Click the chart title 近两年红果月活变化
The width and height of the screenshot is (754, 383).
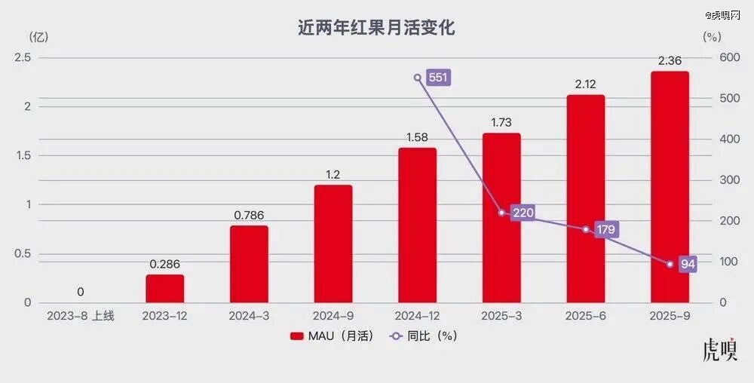[x=376, y=29]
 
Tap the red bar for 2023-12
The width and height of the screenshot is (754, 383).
[x=165, y=288]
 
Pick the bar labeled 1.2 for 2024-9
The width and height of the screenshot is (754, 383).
[x=333, y=243]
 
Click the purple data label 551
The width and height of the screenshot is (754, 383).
[x=438, y=78]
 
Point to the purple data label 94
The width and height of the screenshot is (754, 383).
[x=687, y=264]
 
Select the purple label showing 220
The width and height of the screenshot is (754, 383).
[x=523, y=213]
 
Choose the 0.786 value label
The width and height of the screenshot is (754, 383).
[x=249, y=216]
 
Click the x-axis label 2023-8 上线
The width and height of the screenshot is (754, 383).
[x=81, y=316]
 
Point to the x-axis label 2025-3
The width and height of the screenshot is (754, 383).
[x=501, y=316]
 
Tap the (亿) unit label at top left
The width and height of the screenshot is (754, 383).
[x=38, y=35]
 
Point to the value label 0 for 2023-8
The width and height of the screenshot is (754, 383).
[x=81, y=292]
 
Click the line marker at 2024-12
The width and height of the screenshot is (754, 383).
[x=417, y=78]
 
